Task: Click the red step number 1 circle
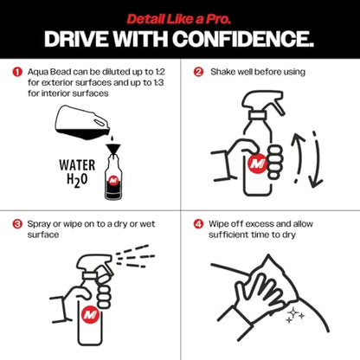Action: click(x=17, y=72)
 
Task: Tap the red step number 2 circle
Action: click(x=198, y=72)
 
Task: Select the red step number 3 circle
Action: click(x=17, y=224)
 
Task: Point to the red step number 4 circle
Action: click(x=198, y=224)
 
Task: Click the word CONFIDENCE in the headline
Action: click(x=243, y=39)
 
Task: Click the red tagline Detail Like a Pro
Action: click(x=179, y=19)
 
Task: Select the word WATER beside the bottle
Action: click(x=77, y=165)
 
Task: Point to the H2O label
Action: click(x=77, y=180)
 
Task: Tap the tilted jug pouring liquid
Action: click(x=83, y=122)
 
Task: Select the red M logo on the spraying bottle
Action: click(x=91, y=314)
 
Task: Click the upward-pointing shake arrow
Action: click(x=298, y=157)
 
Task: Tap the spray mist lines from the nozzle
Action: click(x=135, y=256)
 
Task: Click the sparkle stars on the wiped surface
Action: click(x=295, y=315)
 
